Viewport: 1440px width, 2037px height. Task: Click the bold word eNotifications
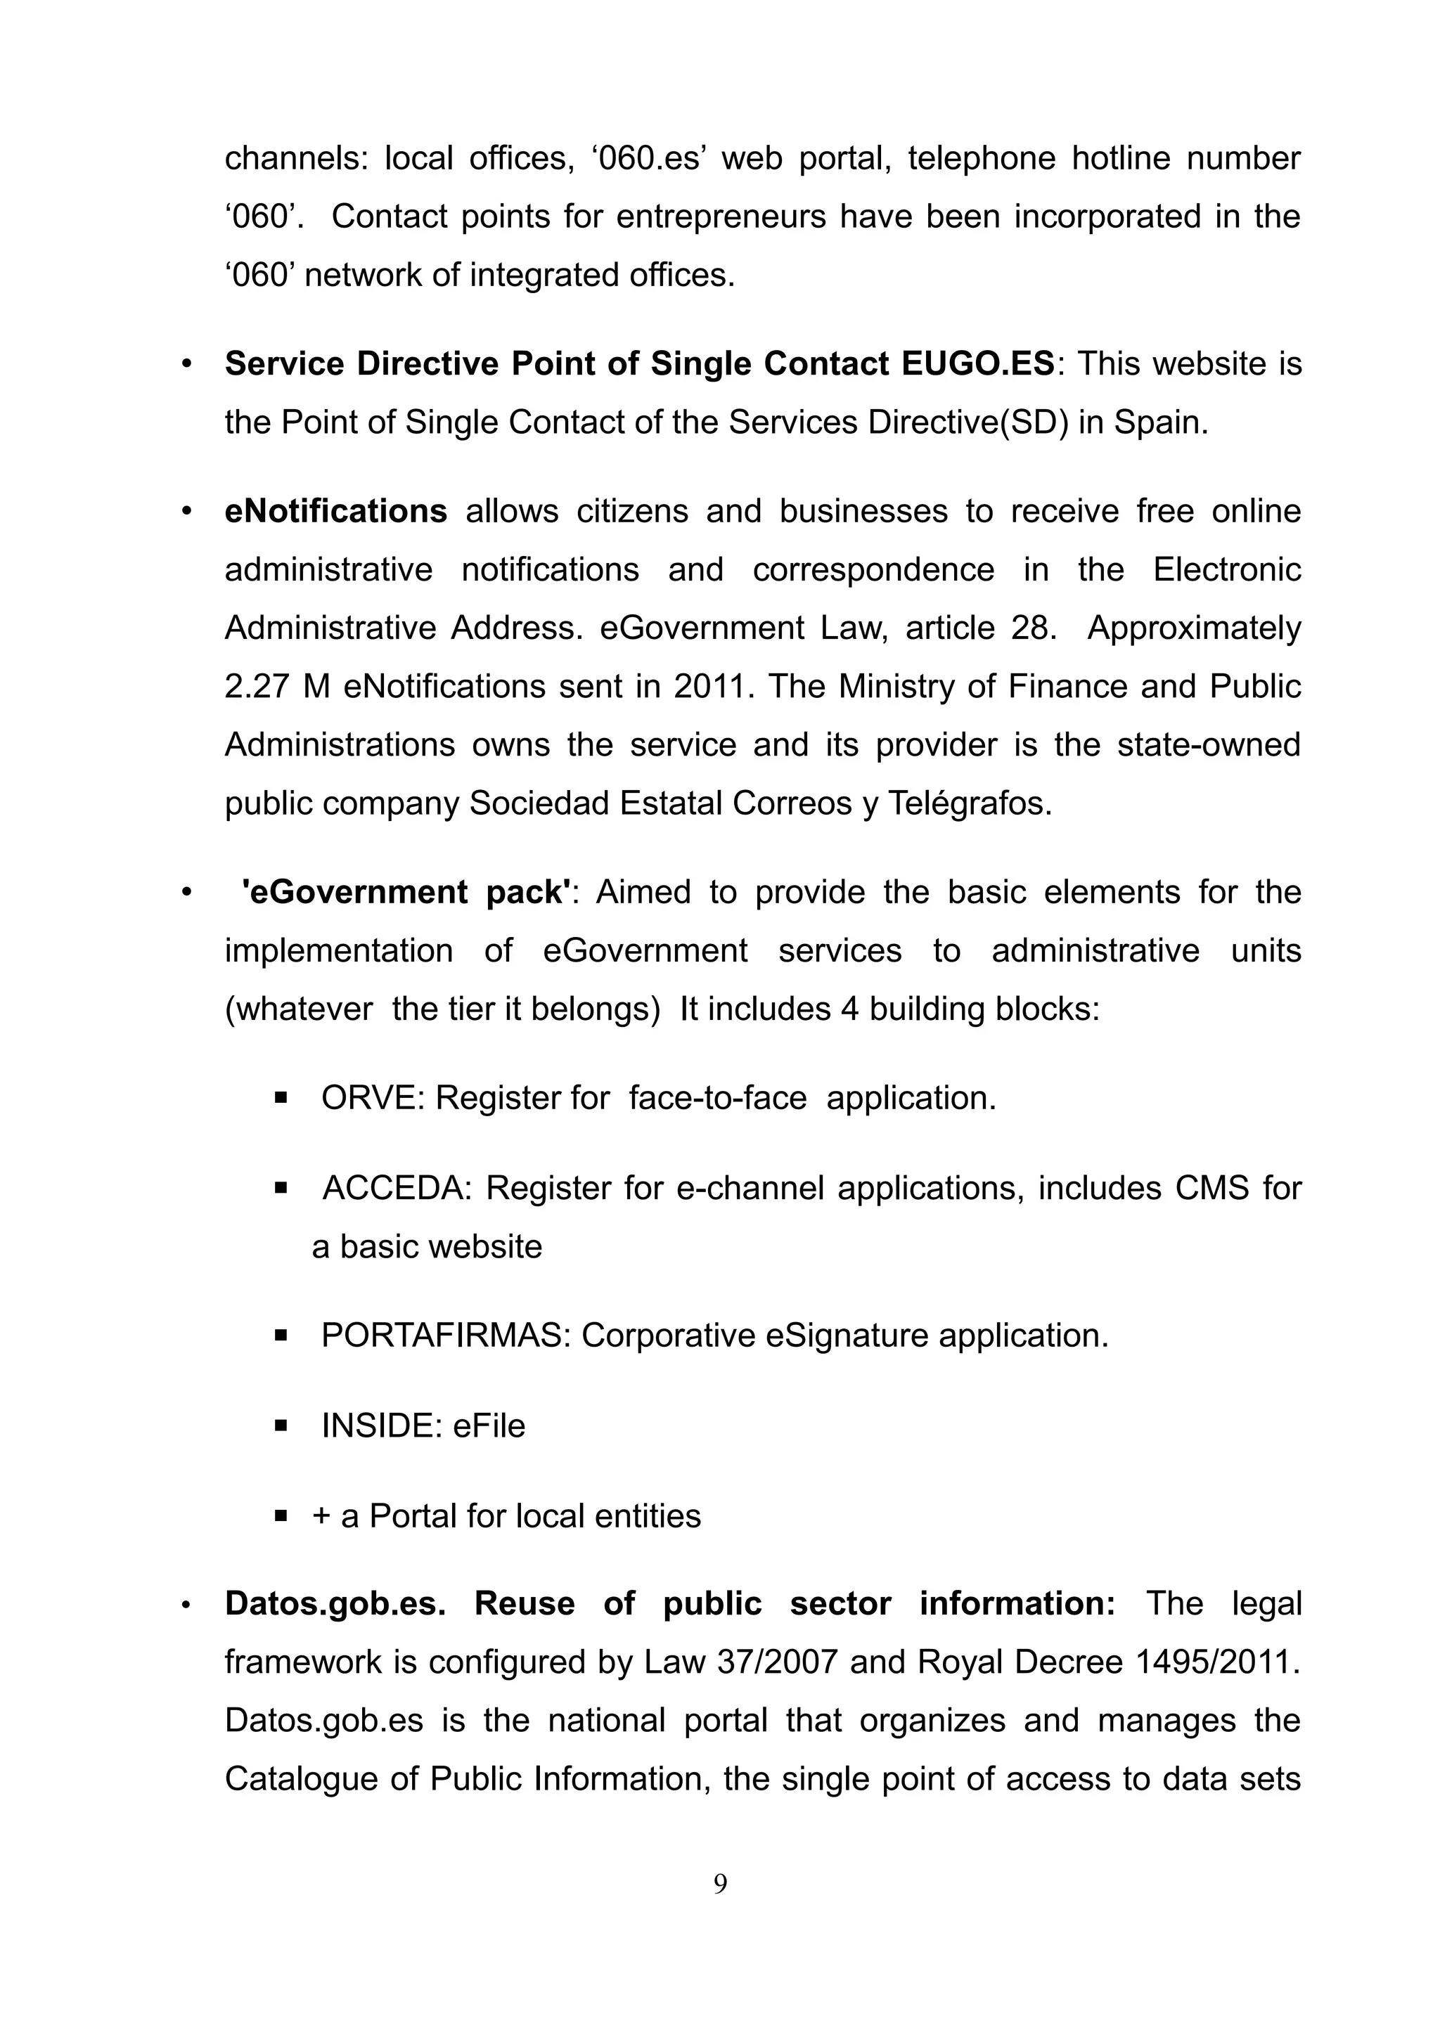point(335,512)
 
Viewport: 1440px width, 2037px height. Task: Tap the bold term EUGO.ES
point(977,365)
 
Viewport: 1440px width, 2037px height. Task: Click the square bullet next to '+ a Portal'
point(281,1517)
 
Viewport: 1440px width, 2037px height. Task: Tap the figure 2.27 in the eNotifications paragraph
point(255,687)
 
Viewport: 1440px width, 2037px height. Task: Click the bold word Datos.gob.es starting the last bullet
point(335,1604)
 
